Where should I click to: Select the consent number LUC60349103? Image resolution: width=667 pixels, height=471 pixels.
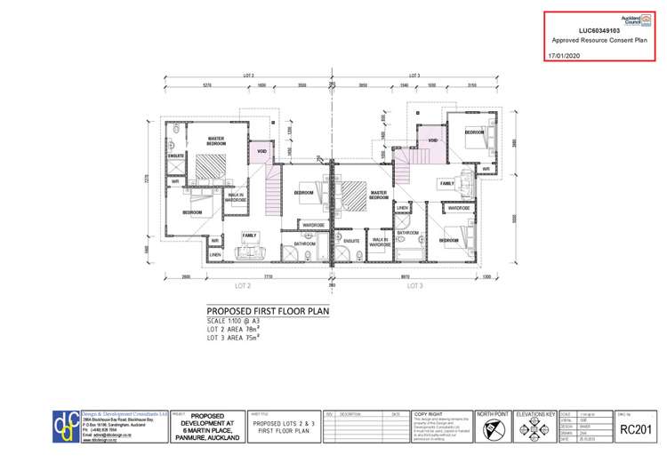[x=593, y=29]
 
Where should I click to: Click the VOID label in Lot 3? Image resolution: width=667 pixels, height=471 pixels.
[x=433, y=140]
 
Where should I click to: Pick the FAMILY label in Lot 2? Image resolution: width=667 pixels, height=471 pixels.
[x=250, y=235]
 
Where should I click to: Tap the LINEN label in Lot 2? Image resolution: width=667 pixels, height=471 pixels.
[x=216, y=255]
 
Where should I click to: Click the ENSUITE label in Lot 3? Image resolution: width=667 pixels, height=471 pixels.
[x=351, y=240]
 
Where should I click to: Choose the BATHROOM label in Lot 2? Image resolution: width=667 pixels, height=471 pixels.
[x=305, y=243]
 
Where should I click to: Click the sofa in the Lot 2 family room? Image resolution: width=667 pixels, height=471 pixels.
[x=248, y=253]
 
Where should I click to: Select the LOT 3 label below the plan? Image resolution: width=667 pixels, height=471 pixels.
[x=414, y=286]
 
